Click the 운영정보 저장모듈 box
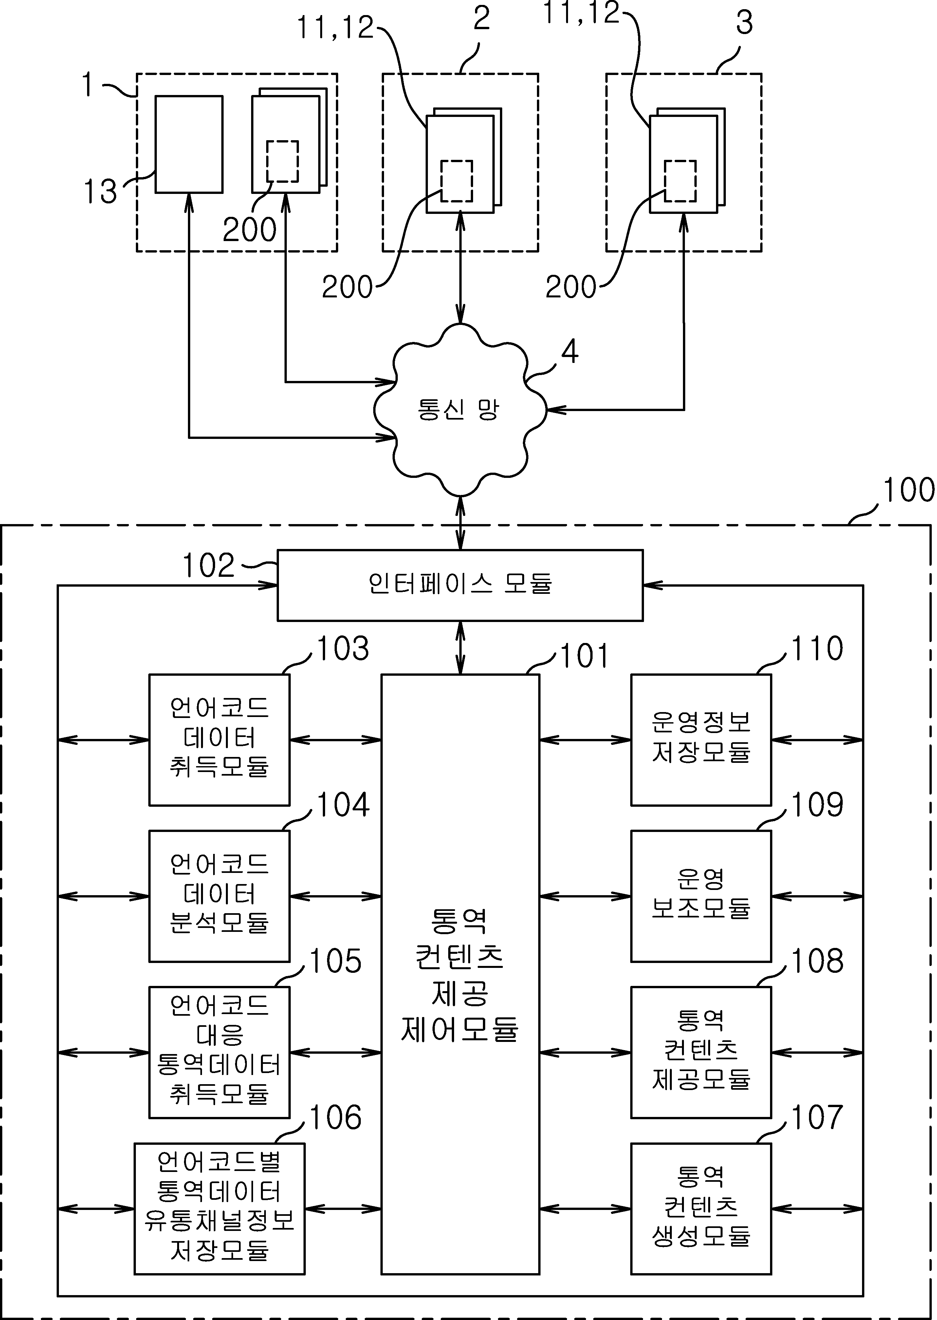tap(701, 740)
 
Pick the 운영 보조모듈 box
tap(701, 896)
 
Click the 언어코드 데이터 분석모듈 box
tap(219, 896)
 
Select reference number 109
tap(817, 804)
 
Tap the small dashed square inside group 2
tap(457, 181)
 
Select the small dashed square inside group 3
tap(680, 181)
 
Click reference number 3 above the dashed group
tap(744, 23)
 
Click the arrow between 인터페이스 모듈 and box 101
tap(460, 648)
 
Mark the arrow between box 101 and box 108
tap(585, 1053)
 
